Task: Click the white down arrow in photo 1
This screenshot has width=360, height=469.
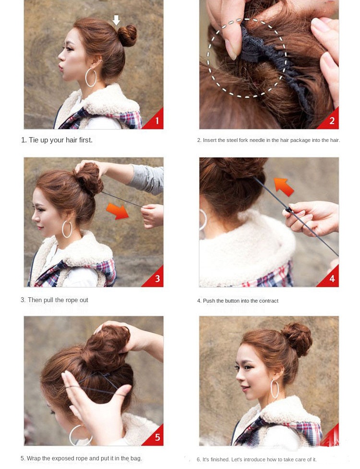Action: [116, 20]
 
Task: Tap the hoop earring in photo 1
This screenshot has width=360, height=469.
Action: [85, 78]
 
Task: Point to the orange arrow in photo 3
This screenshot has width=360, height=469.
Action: [118, 211]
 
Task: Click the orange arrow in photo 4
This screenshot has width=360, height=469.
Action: [284, 187]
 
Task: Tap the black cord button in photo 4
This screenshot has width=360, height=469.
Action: [288, 210]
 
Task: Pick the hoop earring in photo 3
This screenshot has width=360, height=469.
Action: [62, 229]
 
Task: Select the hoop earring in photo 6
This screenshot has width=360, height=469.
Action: [271, 389]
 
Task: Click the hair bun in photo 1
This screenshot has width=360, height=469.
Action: [127, 35]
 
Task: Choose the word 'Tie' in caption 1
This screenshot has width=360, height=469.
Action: [34, 140]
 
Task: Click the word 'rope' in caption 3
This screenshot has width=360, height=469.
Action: [72, 300]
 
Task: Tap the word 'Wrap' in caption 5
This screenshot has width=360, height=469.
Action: [34, 458]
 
